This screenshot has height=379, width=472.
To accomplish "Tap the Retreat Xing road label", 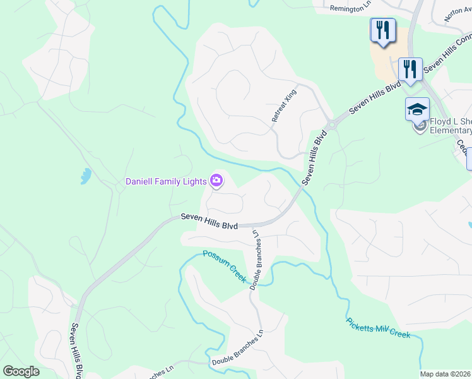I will (284, 105).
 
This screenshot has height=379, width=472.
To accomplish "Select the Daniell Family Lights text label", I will (166, 181).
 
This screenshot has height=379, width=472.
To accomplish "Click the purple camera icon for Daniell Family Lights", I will (216, 182).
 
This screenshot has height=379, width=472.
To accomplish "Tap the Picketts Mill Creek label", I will (379, 327).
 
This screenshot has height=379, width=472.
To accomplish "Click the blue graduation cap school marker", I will (417, 109).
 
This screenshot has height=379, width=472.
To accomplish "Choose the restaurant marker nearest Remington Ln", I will (383, 30).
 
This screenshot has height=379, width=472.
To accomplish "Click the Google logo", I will (21, 371).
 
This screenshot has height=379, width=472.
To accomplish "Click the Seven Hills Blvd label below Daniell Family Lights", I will (209, 220).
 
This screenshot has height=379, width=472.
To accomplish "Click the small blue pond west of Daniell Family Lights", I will (86, 176).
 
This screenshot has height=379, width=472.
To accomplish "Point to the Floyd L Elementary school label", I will (450, 126).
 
